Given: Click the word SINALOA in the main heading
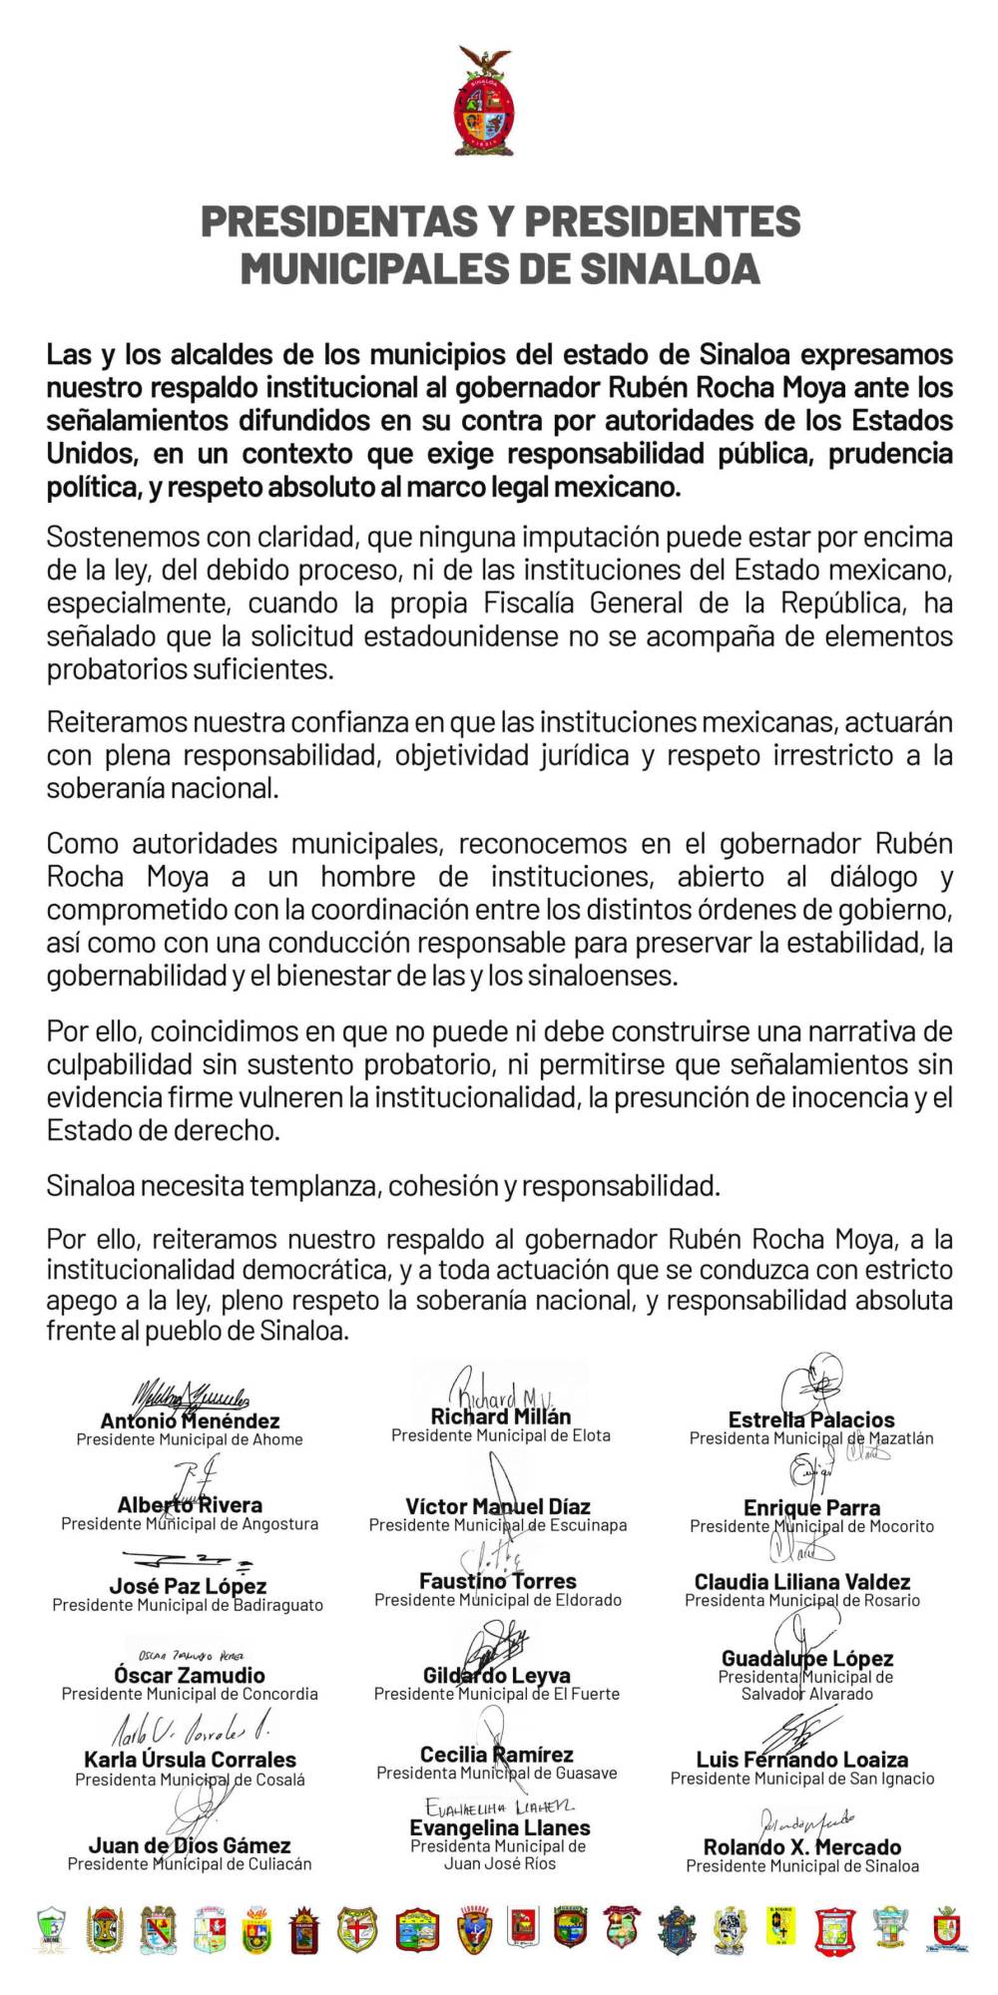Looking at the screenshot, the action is point(671,268).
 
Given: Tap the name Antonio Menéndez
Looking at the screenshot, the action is point(190,1420).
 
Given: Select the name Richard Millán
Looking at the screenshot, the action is point(501,1416).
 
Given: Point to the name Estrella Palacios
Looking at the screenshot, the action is point(811,1419).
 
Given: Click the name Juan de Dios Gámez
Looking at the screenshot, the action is point(190,1845).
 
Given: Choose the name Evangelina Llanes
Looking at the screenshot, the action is point(500,1827).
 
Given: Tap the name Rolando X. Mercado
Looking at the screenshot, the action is point(802,1847).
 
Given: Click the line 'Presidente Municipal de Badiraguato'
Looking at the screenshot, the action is point(188,1605).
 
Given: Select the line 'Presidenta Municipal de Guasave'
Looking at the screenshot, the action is point(497,1773).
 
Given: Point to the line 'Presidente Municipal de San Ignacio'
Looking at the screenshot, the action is point(802,1778).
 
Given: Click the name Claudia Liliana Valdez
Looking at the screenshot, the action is point(802,1581).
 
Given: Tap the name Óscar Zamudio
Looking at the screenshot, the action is point(190,1675).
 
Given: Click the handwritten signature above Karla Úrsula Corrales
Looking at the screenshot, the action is point(190,1731).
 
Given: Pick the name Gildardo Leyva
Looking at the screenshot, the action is point(497,1675).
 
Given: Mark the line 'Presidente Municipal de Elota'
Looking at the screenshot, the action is point(501,1435).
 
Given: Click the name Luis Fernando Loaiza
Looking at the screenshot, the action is point(802,1760).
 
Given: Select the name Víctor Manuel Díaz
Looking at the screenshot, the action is point(498,1506).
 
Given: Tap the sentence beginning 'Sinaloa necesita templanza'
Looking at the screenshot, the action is point(383,1186).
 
